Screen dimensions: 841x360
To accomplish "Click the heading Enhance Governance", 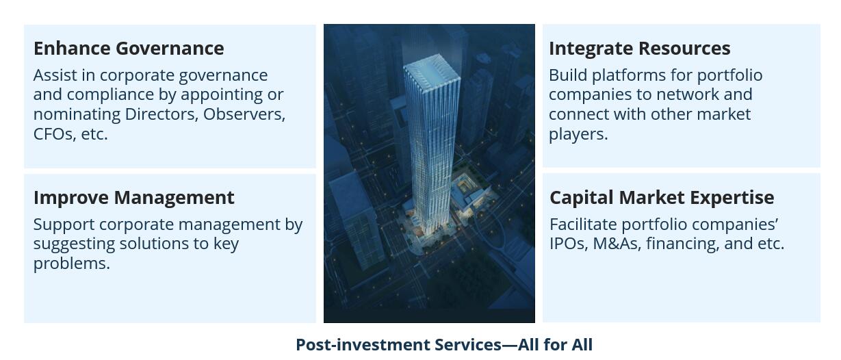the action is pos(129,49).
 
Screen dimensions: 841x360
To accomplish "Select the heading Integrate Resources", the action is pos(640,49).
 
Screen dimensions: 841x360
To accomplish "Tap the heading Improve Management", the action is pos(134,198).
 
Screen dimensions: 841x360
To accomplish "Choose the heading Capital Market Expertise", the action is pos(662,198).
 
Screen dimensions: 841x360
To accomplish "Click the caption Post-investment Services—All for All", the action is pos(444,345).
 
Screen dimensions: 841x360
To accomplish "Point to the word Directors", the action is pos(161,114).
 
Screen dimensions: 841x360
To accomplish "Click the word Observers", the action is pos(244,114).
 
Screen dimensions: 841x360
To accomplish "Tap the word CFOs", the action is pos(55,134).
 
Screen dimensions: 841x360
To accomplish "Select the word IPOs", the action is pos(569,244).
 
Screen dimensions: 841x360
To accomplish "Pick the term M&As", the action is pos(617,244).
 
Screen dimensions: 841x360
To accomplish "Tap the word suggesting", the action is pos(74,244).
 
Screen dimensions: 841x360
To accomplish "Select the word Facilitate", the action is pos(583,224).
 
